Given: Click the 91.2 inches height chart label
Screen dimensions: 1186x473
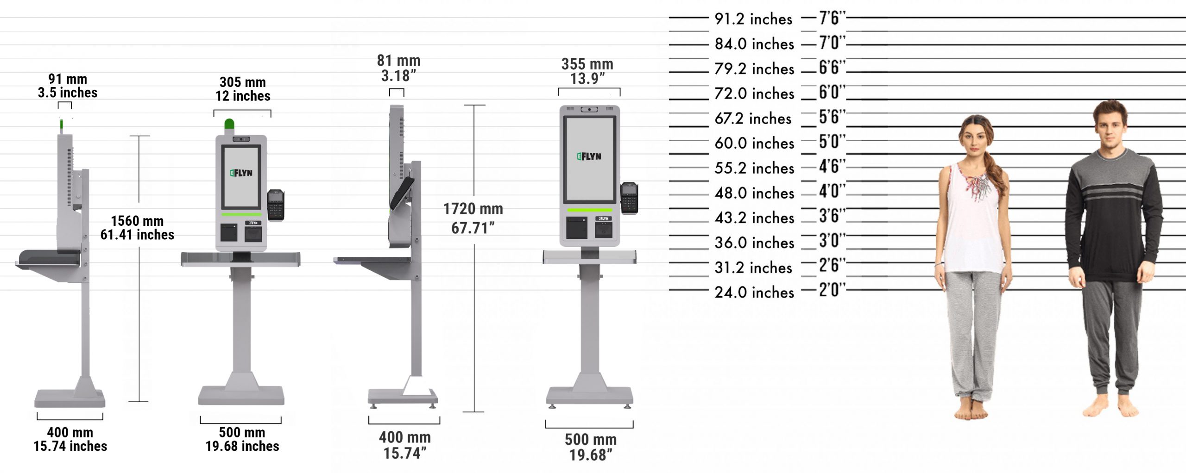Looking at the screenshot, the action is point(754,19).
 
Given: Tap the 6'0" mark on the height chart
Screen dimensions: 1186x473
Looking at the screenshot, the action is point(832,92).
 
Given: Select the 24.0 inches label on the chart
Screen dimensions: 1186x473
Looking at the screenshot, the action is point(754,293).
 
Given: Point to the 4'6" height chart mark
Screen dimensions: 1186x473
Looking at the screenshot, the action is point(832,166).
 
